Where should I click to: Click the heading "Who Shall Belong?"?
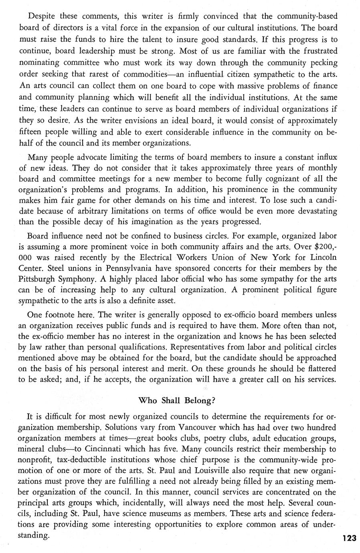tap(180, 400)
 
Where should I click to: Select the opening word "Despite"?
tap(43, 16)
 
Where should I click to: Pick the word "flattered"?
tap(318, 368)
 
